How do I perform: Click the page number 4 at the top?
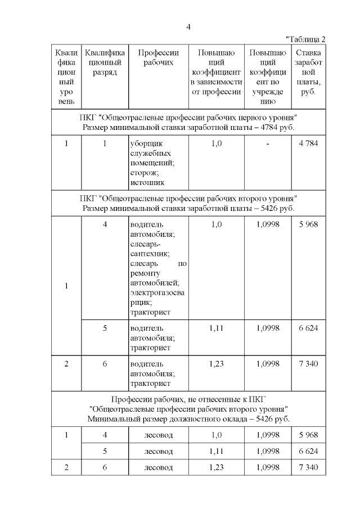[x=188, y=26]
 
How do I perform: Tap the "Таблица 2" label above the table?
[x=305, y=39]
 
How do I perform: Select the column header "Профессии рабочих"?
[x=158, y=57]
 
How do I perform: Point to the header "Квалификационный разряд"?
[x=105, y=62]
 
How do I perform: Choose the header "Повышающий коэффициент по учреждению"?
[x=267, y=77]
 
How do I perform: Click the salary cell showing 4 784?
[x=308, y=143]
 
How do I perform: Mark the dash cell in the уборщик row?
[x=267, y=143]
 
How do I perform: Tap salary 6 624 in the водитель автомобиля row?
[x=308, y=328]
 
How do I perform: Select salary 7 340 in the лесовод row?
[x=308, y=467]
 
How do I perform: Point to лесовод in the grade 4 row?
[x=158, y=435]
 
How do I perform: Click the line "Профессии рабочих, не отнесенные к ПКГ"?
[x=188, y=399]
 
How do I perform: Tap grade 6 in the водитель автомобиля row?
[x=105, y=364]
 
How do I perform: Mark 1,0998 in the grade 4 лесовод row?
[x=267, y=435]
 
